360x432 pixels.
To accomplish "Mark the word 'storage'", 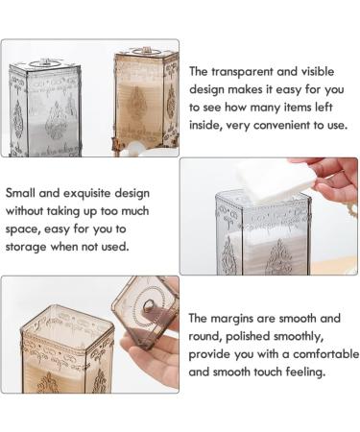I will [31, 247].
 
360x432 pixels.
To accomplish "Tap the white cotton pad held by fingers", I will [272, 179].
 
